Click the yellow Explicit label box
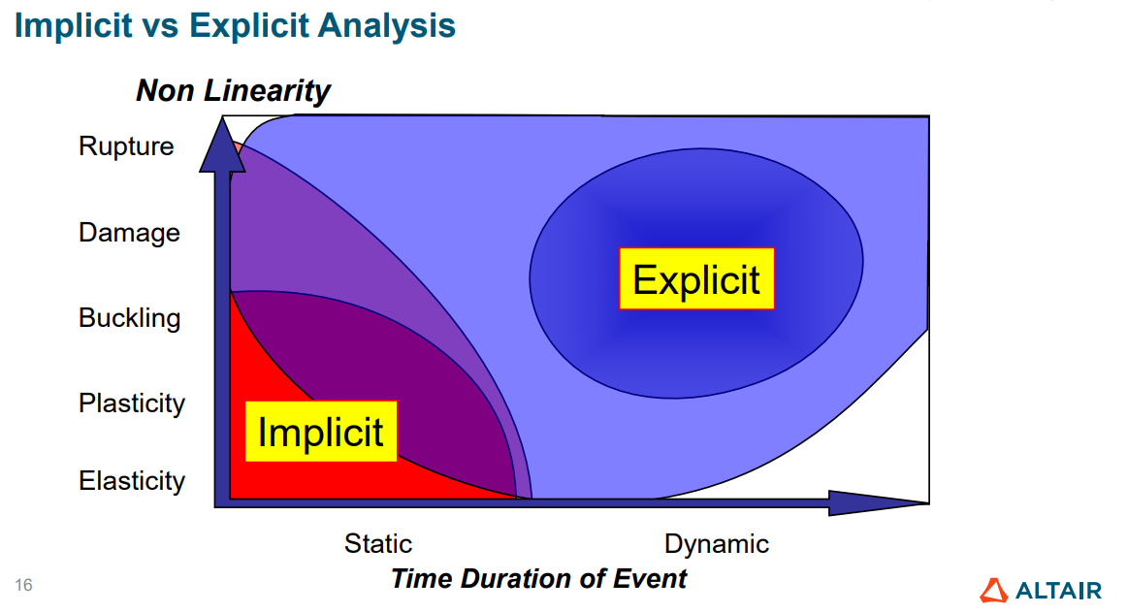coord(696,278)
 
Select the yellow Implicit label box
coord(321,432)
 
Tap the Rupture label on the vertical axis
coord(126,145)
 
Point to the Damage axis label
coord(129,233)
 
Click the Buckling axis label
coord(129,317)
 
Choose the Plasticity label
coord(132,403)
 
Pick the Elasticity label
coord(132,480)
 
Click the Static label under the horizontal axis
coord(378,543)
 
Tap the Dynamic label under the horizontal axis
coord(717,544)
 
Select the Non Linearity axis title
coord(233,90)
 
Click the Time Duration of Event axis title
coord(538,578)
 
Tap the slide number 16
coord(23,585)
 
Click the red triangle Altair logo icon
coord(994,591)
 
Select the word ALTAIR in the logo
coord(1059,592)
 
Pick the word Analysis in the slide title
coord(387,26)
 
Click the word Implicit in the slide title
coord(74,26)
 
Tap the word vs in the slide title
coord(161,27)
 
